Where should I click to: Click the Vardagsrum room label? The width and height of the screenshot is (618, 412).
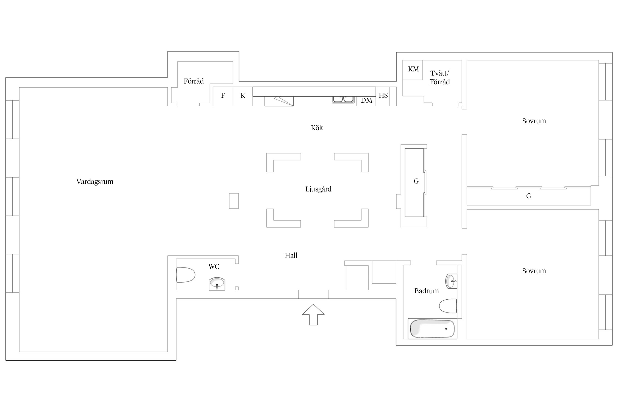[95, 182]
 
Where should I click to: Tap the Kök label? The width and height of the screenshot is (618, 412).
[317, 128]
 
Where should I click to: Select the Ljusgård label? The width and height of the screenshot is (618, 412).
[318, 189]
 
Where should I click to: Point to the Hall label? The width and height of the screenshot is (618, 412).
[291, 255]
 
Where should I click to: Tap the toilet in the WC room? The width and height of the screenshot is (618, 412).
[185, 275]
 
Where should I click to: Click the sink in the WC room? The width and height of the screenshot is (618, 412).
[217, 284]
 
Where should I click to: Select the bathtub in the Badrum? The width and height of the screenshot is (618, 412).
[432, 329]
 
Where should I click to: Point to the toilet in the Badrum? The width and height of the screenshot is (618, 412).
[448, 306]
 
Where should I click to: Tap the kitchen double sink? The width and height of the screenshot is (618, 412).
[343, 99]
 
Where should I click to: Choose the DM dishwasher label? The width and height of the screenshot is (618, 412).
[366, 101]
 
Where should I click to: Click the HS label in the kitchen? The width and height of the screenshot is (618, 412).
[383, 96]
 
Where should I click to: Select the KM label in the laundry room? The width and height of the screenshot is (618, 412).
[413, 69]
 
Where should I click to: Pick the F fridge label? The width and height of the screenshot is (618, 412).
[223, 96]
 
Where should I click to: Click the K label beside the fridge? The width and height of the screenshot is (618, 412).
[243, 96]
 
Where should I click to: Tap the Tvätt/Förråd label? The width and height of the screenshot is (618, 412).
[440, 77]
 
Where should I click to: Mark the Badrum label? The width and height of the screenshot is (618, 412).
[427, 291]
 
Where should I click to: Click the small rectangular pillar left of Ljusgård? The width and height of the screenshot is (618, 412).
[234, 201]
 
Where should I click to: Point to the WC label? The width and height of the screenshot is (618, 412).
[214, 266]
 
